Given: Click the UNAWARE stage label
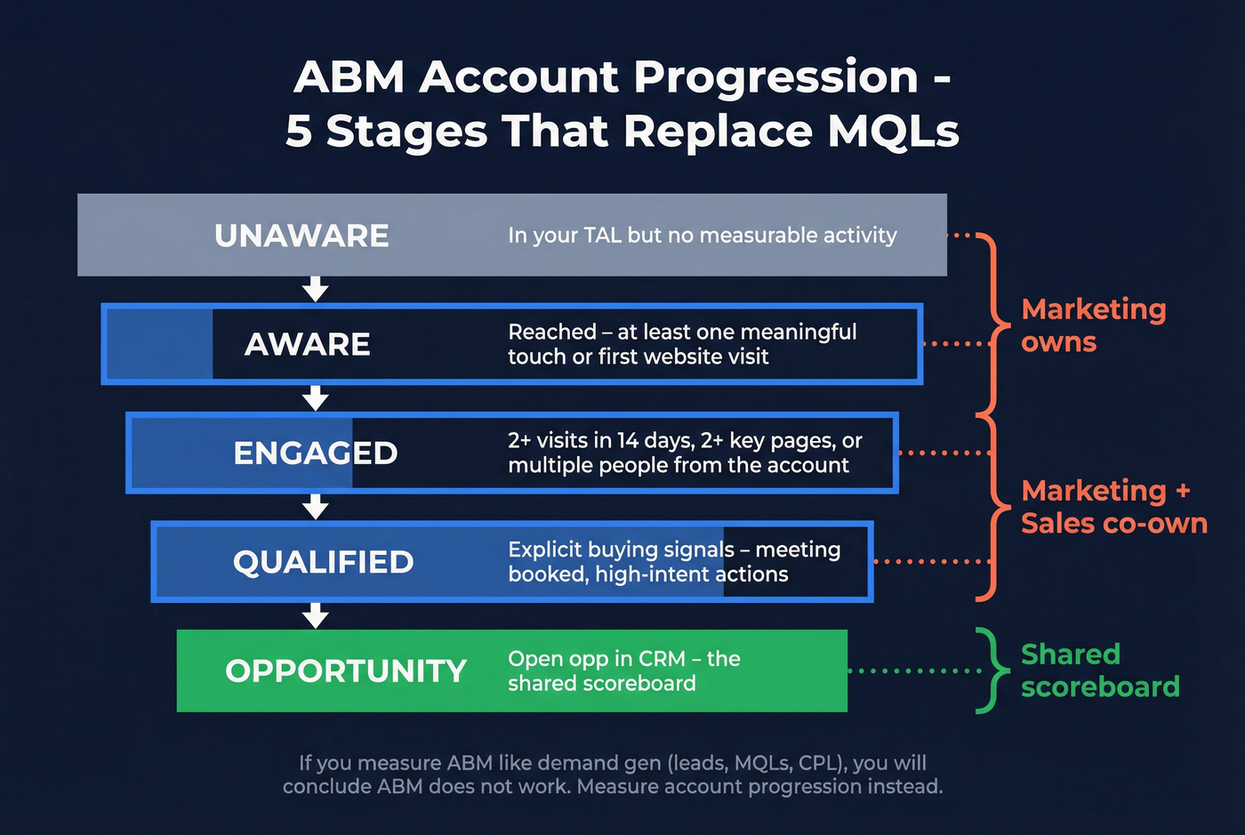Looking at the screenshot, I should pos(301,236).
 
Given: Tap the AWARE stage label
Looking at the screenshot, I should pos(307,344).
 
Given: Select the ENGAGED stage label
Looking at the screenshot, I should pos(315,454).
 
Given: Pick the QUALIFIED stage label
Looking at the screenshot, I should pos(323,562).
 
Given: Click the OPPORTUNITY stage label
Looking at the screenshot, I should pos(346,671).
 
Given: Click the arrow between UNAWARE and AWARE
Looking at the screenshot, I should pos(316,289).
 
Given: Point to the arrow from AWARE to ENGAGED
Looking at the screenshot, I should pos(316,397).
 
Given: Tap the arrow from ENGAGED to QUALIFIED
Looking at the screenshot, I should pos(316,507).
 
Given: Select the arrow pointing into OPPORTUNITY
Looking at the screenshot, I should pos(316,615).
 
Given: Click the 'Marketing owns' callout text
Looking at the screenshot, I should pos(1093,325).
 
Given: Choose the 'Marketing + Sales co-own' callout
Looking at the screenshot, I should pos(1113,507).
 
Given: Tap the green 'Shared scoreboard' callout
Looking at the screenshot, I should pos(1100,670).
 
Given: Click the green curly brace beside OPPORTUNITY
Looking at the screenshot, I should pos(989,670).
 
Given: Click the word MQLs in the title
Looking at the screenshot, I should pos(893,131).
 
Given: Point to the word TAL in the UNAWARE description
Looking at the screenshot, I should pos(602,236).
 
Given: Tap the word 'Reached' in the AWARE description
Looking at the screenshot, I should pos(551,332).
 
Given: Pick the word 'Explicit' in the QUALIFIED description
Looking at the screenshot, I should pos(544,550).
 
